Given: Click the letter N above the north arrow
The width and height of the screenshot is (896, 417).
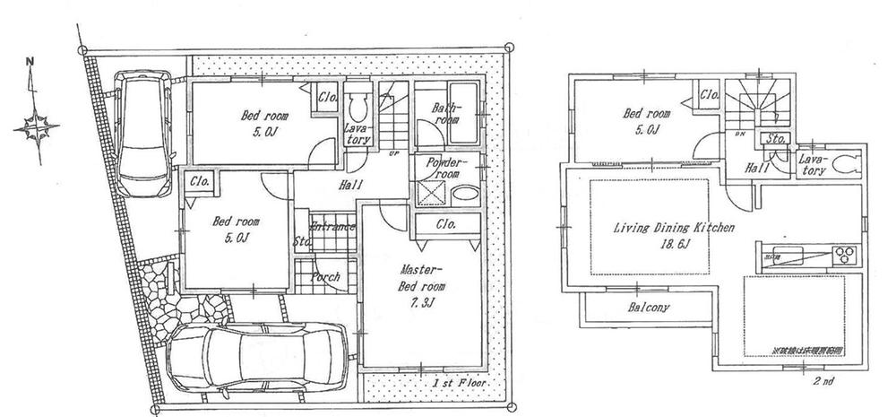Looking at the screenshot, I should pos(30,62).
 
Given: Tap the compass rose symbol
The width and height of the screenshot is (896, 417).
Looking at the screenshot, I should pos(34,126).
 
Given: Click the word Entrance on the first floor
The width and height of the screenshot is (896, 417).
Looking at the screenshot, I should pos(332,228).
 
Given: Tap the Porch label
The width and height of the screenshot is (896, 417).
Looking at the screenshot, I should pos(325,277).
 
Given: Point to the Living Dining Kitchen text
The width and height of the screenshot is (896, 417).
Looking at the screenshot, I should pos(674,229).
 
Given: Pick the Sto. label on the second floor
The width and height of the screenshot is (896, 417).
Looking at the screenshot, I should pos(771,139).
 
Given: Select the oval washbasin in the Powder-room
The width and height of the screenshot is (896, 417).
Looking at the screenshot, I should pos(464,195).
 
